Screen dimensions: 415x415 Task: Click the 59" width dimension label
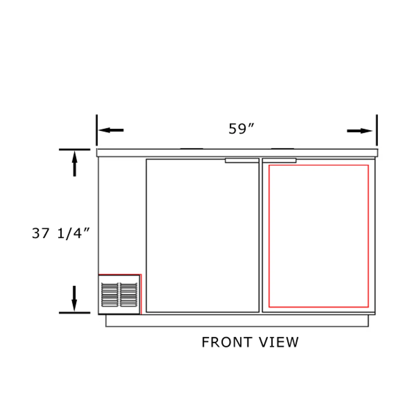click(241, 129)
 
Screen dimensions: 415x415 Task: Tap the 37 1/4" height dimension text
click(61, 233)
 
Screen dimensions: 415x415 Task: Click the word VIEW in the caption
click(279, 342)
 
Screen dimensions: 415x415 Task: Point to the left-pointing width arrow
click(111, 130)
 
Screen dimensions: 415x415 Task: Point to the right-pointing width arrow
click(360, 131)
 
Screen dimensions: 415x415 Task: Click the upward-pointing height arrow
click(75, 164)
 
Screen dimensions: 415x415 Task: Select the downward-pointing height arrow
click(74, 299)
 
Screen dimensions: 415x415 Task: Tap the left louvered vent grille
click(110, 294)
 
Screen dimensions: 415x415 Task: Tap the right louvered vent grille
click(129, 294)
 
